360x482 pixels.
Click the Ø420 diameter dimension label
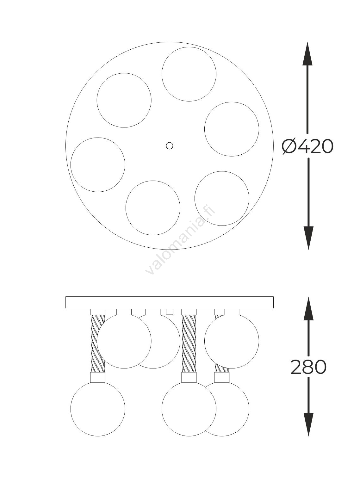tap(307, 146)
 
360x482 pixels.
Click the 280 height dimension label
tap(308, 367)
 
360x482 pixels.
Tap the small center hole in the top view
tap(169, 145)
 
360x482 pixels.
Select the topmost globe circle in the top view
tap(189, 74)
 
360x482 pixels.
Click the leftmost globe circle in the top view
tap(98, 165)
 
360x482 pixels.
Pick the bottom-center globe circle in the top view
tap(153, 208)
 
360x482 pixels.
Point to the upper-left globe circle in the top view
tap(124, 100)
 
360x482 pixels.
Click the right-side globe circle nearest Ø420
tap(232, 129)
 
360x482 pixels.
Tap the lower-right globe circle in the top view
tap(222, 198)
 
